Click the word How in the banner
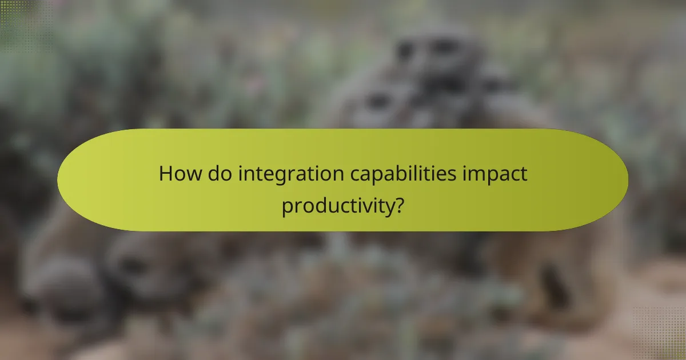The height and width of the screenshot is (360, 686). click(x=178, y=173)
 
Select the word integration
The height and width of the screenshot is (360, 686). click(x=289, y=174)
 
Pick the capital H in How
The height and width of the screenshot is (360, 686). click(x=166, y=173)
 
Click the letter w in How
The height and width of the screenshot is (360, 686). click(x=190, y=174)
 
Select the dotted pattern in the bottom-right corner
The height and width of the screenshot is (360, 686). click(x=663, y=337)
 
